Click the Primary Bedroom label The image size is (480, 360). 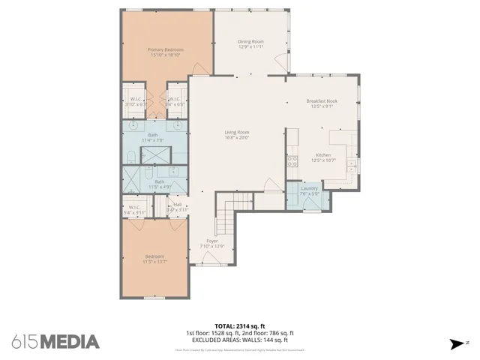pos(166,49)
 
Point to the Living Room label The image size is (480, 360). pos(237,133)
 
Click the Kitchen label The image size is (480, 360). pos(323,154)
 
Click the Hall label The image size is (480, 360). pos(178,203)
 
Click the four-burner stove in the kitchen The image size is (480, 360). pos(292,161)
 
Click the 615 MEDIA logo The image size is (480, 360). pos(55,342)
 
